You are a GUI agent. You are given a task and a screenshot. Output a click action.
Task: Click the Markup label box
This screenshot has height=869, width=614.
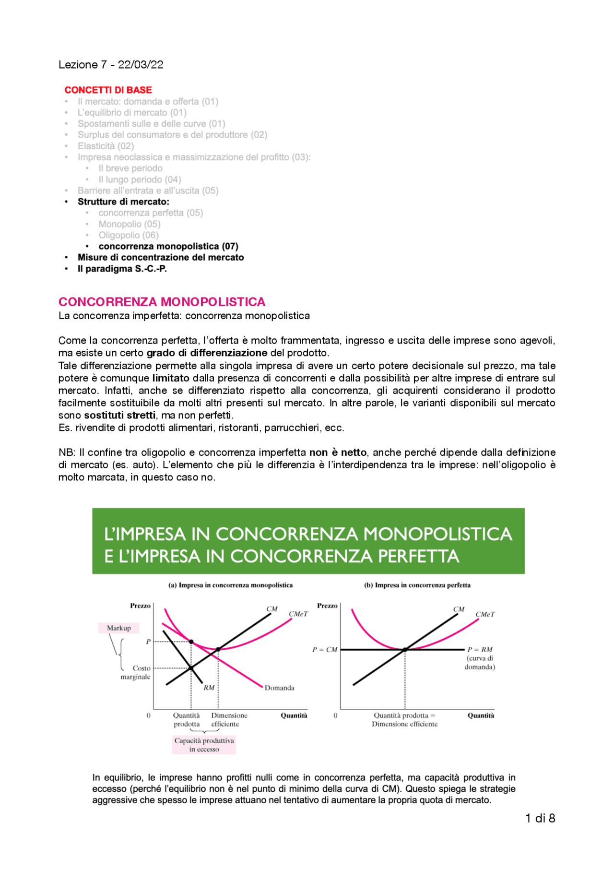118,628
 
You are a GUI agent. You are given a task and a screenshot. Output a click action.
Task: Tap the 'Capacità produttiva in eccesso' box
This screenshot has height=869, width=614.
204,745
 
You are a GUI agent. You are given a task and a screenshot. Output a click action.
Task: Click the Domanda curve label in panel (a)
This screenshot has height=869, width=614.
279,688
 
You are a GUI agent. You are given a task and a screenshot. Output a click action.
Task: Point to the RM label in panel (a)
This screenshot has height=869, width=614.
209,688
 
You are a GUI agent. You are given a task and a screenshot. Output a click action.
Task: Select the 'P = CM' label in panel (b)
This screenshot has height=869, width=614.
325,649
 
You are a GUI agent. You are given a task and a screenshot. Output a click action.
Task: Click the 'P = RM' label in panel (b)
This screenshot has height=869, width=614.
480,649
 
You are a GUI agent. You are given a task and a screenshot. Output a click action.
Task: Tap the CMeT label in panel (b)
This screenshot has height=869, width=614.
485,614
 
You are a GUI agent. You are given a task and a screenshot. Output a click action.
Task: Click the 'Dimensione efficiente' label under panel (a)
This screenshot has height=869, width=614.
229,719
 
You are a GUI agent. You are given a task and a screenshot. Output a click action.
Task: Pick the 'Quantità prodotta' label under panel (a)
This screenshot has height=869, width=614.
187,719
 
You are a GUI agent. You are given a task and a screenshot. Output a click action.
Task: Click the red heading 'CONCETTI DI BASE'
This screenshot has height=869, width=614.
108,90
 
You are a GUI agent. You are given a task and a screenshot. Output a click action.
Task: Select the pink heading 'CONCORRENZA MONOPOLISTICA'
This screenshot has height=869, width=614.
162,302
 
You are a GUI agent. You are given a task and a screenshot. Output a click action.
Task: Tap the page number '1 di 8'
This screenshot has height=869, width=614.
540,818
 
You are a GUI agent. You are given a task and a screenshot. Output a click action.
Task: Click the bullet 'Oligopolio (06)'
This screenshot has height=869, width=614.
129,235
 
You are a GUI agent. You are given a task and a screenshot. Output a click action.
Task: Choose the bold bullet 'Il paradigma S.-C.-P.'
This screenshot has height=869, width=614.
122,269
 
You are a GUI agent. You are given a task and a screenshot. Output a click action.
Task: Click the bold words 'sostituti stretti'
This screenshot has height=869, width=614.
119,415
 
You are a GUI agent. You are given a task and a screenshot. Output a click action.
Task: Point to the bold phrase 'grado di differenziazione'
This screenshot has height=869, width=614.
207,353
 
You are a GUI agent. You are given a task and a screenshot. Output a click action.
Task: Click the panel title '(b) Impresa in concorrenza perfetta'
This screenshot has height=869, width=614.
417,585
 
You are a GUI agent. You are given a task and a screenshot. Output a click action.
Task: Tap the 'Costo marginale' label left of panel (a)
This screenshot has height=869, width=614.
136,672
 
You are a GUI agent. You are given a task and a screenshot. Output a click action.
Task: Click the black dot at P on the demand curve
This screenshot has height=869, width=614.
191,642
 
